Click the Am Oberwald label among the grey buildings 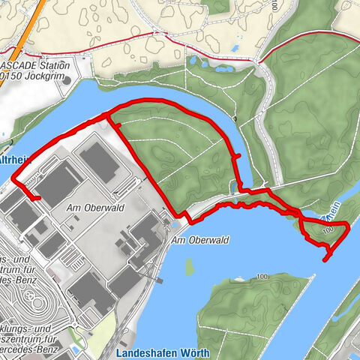(87, 208)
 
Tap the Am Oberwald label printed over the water (201, 240)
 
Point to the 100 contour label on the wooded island (261, 278)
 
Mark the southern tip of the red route (326, 259)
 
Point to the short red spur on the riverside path (238, 157)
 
